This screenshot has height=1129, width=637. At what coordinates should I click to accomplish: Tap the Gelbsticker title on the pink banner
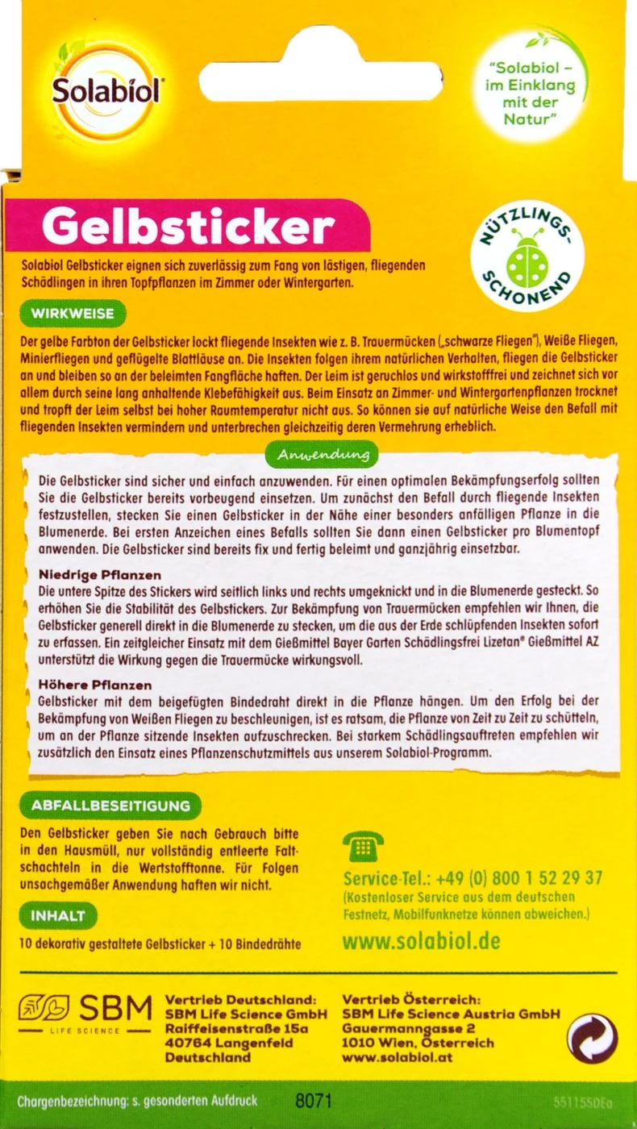click(187, 229)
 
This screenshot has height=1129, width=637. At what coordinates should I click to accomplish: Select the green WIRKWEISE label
click(72, 312)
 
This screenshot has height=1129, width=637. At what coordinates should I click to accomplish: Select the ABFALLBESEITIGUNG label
click(110, 805)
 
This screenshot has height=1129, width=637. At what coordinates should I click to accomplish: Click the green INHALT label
click(57, 915)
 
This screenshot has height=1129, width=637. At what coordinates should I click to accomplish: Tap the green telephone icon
click(362, 847)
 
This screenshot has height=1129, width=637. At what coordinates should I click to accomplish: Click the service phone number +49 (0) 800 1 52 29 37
click(473, 877)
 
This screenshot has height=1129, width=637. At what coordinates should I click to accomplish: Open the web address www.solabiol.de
click(421, 940)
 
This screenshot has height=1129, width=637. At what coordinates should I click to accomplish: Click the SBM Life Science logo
click(85, 1012)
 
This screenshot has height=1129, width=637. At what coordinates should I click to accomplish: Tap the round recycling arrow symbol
click(592, 1039)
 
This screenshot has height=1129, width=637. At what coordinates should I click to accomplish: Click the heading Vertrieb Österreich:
click(410, 1000)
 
